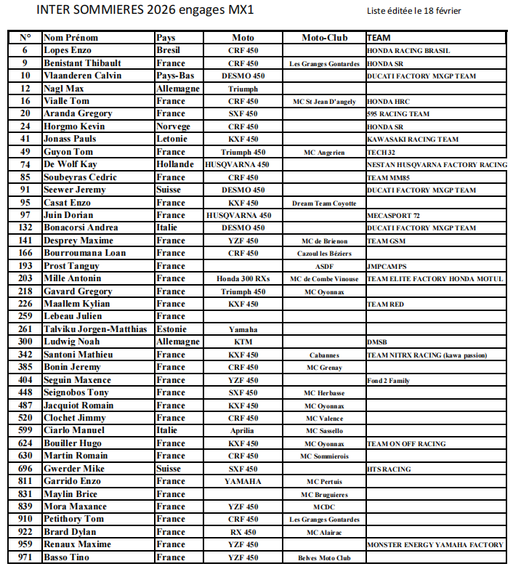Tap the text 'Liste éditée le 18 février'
click(414, 11)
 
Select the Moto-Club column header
click(325, 38)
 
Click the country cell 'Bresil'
click(169, 51)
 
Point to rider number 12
click(25, 89)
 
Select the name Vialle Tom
click(66, 102)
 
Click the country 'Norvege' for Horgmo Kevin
click(173, 126)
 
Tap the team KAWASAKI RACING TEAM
click(413, 140)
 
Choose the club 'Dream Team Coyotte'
click(324, 203)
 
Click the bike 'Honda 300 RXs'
click(243, 279)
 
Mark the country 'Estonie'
click(172, 329)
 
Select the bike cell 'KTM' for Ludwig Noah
click(243, 342)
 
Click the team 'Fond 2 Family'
click(388, 381)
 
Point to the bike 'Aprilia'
click(243, 431)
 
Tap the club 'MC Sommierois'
click(324, 456)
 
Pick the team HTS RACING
click(389, 469)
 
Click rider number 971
click(25, 557)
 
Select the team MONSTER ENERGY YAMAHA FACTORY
click(435, 545)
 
